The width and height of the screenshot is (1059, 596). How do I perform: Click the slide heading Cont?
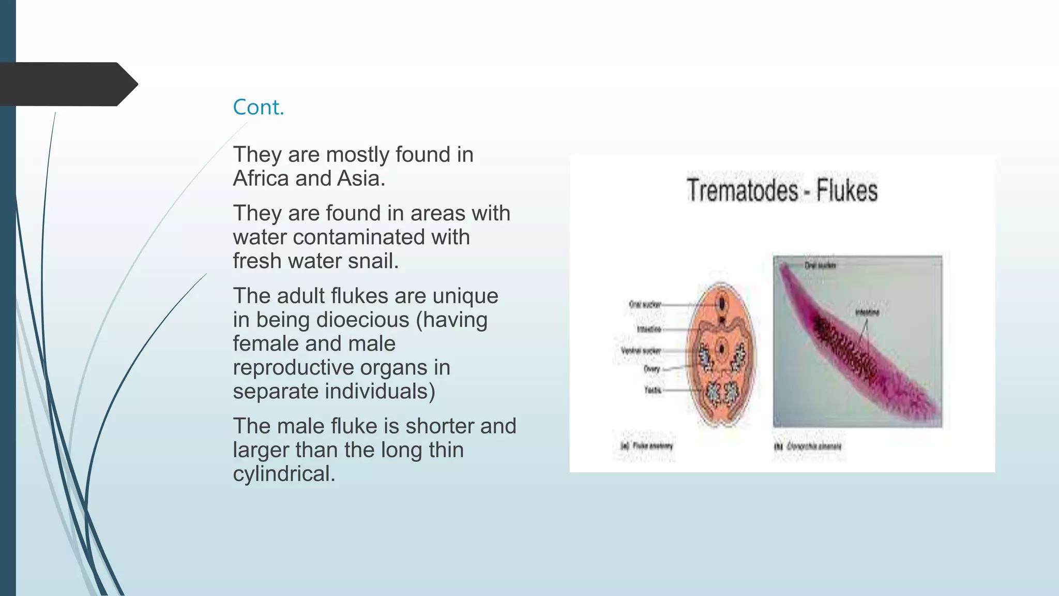[259, 107]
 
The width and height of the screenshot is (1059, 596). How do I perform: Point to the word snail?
[373, 261]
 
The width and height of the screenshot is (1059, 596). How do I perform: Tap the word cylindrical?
[283, 474]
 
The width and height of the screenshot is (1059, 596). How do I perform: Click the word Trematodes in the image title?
[742, 190]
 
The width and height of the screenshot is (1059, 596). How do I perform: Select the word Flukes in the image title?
[846, 190]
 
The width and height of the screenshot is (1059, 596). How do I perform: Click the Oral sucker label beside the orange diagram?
[644, 304]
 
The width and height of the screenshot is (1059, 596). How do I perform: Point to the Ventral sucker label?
[641, 350]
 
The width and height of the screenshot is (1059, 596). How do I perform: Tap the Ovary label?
[652, 369]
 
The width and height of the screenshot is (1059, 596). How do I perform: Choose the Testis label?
[653, 390]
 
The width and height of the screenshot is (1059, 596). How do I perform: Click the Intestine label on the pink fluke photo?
[867, 312]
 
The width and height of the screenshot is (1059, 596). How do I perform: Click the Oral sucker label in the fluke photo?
[820, 265]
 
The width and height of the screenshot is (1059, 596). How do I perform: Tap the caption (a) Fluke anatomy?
[646, 445]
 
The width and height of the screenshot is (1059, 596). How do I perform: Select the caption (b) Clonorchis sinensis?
[808, 446]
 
